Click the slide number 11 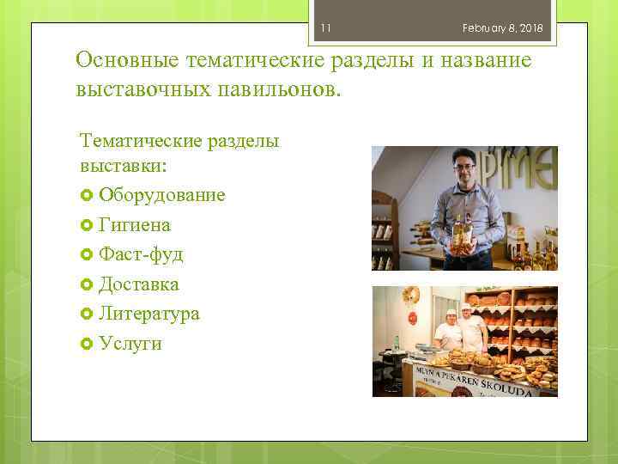click(x=325, y=28)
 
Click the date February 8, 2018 click(x=502, y=28)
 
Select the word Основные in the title click(x=127, y=61)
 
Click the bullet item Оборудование click(x=161, y=195)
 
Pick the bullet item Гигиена click(x=134, y=225)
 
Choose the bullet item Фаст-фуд click(x=141, y=254)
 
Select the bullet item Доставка click(x=138, y=284)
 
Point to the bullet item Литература click(x=148, y=314)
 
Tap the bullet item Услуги click(x=130, y=344)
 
